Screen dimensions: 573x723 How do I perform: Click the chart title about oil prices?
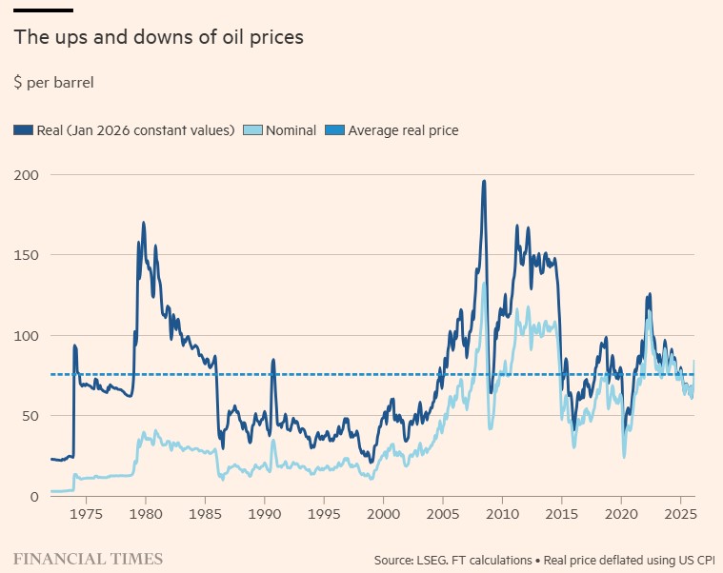pos(158,38)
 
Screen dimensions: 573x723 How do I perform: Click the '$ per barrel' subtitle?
pos(53,83)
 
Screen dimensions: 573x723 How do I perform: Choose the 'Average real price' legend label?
pos(403,130)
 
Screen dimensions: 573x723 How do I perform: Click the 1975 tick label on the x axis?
pos(85,515)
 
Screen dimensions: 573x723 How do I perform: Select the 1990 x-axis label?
pos(264,515)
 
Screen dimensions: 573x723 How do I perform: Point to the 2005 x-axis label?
pos(442,515)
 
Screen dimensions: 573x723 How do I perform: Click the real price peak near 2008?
pos(484,182)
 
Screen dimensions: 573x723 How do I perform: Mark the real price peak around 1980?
pos(144,224)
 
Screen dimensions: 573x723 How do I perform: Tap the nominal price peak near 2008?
pos(484,284)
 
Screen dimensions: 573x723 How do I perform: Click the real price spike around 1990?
pos(273,360)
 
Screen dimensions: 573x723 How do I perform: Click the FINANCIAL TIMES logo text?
pos(88,559)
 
